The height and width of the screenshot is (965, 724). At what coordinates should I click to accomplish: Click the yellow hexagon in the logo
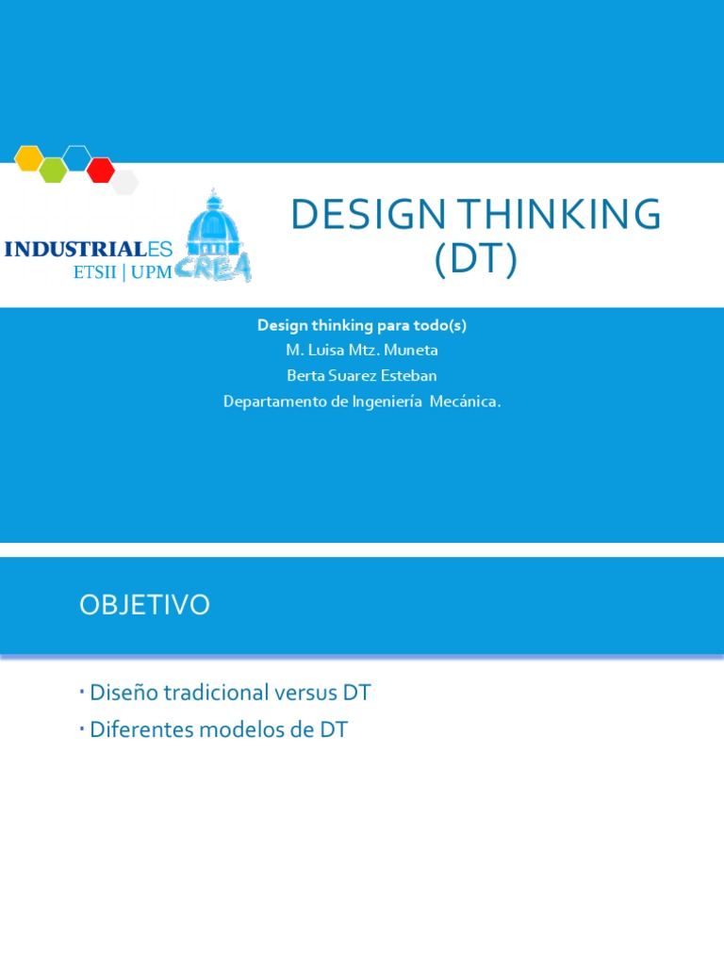click(29, 158)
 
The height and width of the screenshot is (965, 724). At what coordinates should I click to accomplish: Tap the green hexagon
click(53, 170)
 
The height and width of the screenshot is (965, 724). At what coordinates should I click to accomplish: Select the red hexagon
click(101, 170)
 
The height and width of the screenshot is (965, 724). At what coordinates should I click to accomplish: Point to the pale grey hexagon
click(124, 182)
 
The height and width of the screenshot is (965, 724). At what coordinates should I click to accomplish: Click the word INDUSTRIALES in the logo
click(89, 250)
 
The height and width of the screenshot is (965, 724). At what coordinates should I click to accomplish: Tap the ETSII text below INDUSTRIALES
click(94, 272)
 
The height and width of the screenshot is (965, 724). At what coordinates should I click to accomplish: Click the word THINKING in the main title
click(557, 216)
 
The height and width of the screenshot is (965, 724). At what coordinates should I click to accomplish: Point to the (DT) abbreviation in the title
click(476, 259)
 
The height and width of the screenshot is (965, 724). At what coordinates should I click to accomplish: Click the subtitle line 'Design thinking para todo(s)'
click(362, 325)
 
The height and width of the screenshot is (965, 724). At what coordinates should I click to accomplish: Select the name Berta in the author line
click(304, 376)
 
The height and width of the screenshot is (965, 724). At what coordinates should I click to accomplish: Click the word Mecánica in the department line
click(467, 401)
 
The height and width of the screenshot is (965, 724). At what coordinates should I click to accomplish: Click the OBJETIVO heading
click(144, 605)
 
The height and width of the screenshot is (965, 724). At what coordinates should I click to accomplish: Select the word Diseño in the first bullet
click(123, 694)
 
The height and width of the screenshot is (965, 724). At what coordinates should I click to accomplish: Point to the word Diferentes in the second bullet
click(141, 729)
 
